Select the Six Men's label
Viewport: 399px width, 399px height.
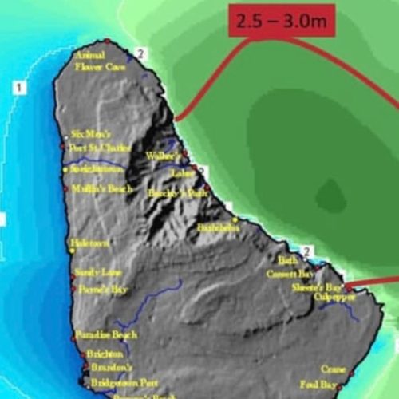(x=89, y=134)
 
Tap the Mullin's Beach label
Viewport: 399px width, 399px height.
(x=101, y=189)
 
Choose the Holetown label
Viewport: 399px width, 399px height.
(x=89, y=243)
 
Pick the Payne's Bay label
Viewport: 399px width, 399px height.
(x=101, y=289)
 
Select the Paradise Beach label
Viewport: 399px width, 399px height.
(x=105, y=334)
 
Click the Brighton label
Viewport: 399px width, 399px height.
(x=93, y=353)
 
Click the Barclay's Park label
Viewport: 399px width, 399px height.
(x=171, y=193)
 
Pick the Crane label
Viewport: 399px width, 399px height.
(x=333, y=369)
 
